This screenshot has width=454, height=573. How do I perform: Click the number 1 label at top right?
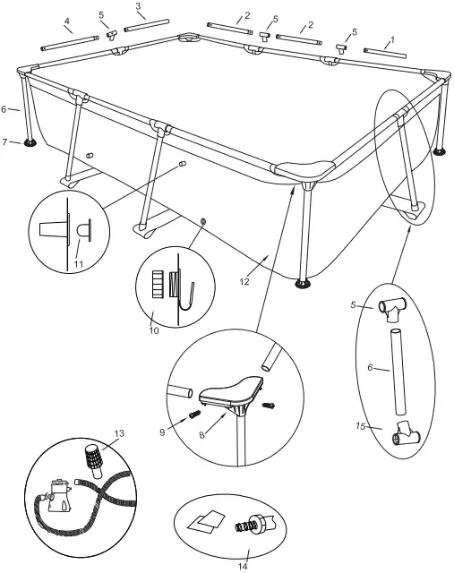coord(390,41)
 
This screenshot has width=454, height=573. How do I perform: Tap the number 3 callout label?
coord(139,7)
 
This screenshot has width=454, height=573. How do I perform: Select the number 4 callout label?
coord(68,21)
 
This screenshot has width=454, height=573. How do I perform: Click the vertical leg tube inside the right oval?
coord(395,366)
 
